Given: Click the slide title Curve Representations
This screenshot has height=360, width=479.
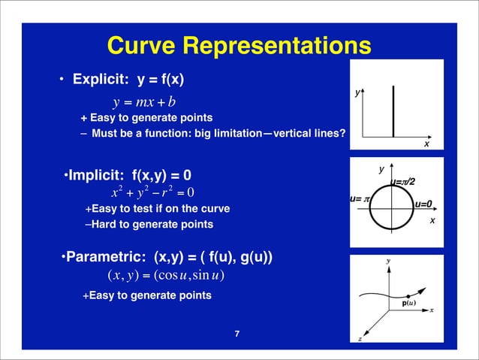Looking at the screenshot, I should pos(239,47).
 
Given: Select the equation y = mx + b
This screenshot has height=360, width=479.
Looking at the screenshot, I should pos(143,101).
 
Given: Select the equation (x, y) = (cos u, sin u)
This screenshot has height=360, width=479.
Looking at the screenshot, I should pos(167,274).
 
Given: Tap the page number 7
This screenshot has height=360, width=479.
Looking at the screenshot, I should pos(237,333).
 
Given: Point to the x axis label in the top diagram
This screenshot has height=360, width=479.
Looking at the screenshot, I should pos(426,144).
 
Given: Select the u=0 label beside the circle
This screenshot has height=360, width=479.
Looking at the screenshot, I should pos(424,204).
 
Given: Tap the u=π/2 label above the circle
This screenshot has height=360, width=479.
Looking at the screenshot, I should pos(402,181).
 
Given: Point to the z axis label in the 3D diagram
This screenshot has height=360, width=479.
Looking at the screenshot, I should pos(360,339).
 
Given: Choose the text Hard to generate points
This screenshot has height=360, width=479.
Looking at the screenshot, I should pos(150,224).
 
